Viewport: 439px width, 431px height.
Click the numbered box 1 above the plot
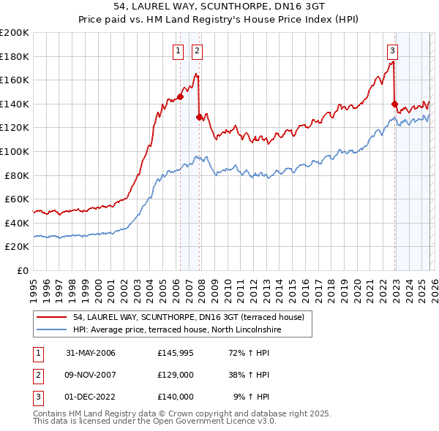pyautogui.click(x=179, y=50)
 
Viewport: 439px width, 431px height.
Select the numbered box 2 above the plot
pyautogui.click(x=198, y=50)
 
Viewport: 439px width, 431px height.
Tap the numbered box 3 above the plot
pyautogui.click(x=393, y=50)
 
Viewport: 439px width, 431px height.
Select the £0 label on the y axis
pyautogui.click(x=23, y=270)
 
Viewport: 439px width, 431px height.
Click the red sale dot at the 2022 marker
pyautogui.click(x=394, y=104)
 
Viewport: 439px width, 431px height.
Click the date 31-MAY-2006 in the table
pyautogui.click(x=91, y=353)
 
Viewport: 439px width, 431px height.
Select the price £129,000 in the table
pyautogui.click(x=176, y=375)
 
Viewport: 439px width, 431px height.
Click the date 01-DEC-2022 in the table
pyautogui.click(x=91, y=397)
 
